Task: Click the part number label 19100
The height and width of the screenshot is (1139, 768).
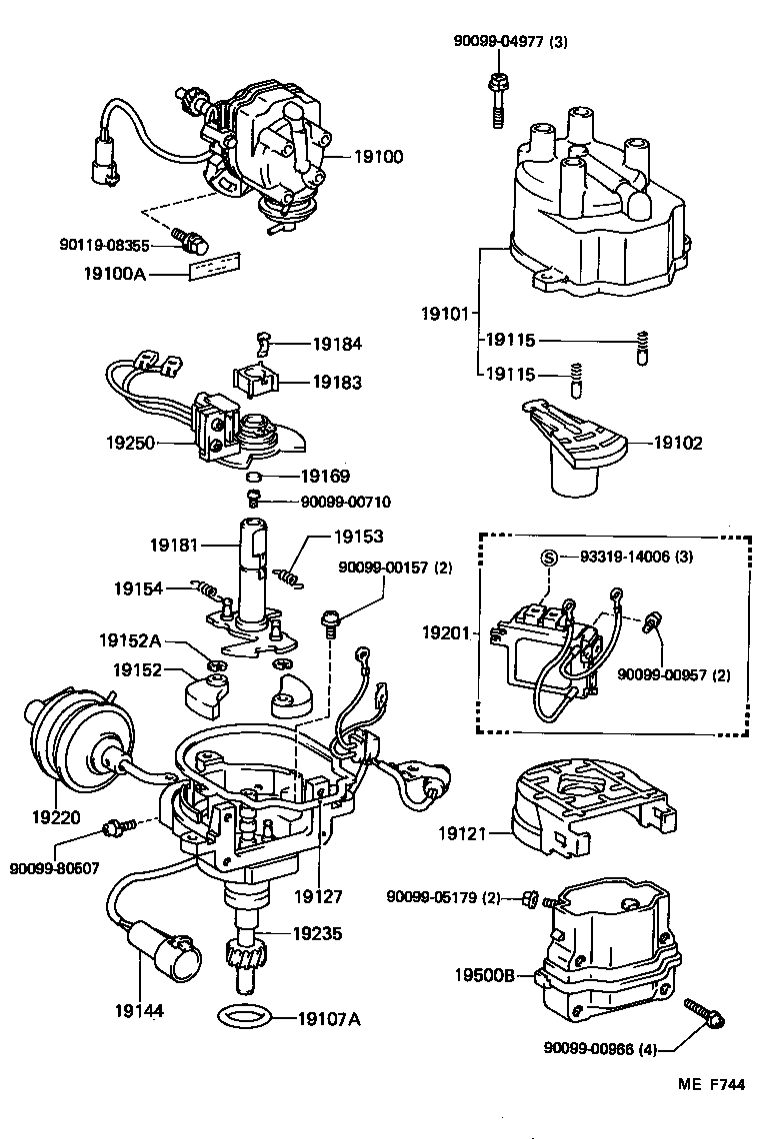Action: pyautogui.click(x=377, y=156)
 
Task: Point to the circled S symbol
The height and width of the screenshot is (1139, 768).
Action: pyautogui.click(x=547, y=558)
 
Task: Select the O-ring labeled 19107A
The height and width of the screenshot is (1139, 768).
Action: pyautogui.click(x=242, y=1018)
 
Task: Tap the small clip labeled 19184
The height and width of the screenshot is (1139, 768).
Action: pyautogui.click(x=264, y=343)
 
